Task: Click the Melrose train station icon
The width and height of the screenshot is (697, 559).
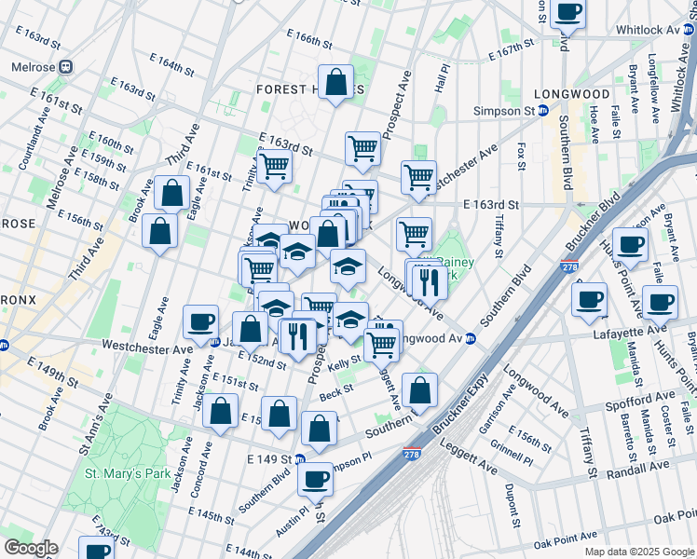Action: coord(66,67)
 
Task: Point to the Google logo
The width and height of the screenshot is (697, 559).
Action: coord(30,548)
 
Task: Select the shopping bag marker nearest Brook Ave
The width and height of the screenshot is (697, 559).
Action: coord(159,229)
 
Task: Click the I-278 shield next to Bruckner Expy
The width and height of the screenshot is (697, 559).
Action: coord(411,455)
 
